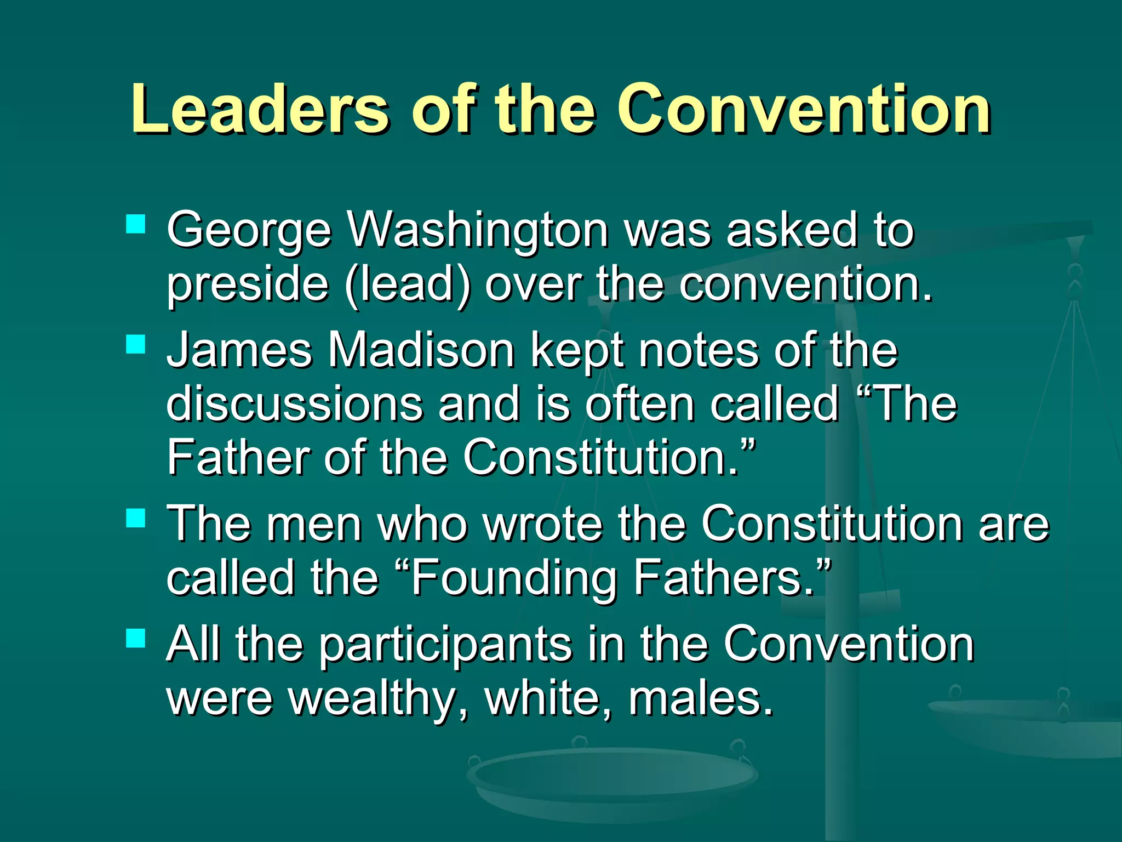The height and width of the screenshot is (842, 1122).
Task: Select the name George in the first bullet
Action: (249, 230)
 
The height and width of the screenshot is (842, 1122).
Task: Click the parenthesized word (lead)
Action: (408, 284)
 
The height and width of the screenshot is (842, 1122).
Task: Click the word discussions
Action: (295, 403)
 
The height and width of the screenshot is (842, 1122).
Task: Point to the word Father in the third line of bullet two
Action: (238, 457)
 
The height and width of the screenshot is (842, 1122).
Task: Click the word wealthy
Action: (373, 699)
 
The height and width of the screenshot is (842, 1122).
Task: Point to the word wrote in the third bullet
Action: (543, 524)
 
